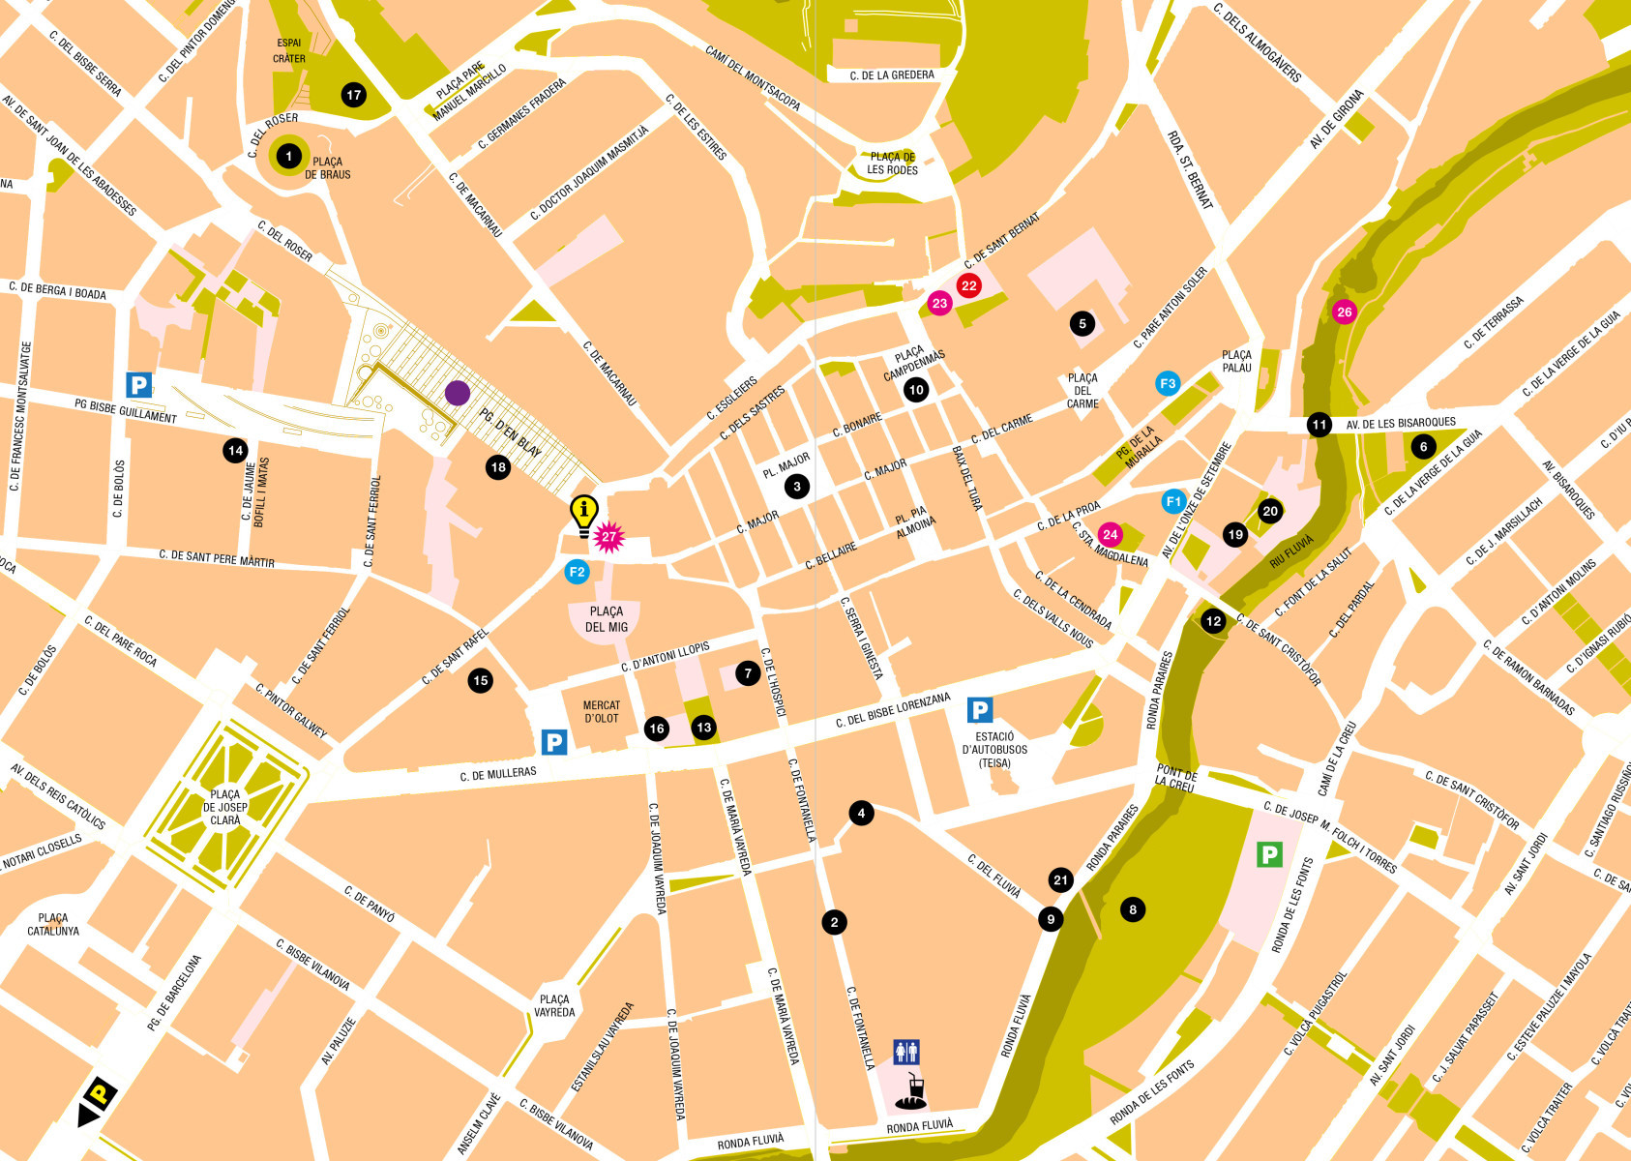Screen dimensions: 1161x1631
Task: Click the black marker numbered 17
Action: (x=354, y=95)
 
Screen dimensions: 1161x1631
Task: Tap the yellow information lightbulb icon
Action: (x=583, y=514)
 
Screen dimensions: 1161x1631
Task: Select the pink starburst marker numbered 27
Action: (x=608, y=537)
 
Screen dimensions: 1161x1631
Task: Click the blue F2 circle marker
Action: (x=578, y=572)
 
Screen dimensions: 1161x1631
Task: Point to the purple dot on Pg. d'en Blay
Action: (x=458, y=393)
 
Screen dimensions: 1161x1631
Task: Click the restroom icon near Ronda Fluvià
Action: (x=906, y=1052)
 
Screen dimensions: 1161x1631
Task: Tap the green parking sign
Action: (x=1268, y=854)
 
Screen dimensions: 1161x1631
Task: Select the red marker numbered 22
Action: (x=968, y=285)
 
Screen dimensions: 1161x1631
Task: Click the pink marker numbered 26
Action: (x=1344, y=312)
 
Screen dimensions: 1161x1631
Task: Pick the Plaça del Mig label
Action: (x=607, y=619)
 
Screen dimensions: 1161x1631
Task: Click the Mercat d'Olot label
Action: (x=602, y=712)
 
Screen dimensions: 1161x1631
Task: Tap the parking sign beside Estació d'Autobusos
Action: (x=980, y=711)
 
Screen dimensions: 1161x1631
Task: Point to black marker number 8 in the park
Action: (x=1133, y=908)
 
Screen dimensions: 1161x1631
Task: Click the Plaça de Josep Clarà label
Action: (x=225, y=807)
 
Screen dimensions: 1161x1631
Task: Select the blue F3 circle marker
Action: (x=1168, y=383)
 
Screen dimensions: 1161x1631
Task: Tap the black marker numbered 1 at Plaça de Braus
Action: (x=288, y=156)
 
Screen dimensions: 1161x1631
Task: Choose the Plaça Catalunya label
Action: (x=53, y=924)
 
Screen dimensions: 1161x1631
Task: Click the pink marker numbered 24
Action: (x=1110, y=534)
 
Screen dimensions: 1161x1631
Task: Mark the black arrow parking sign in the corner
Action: (x=97, y=1100)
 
